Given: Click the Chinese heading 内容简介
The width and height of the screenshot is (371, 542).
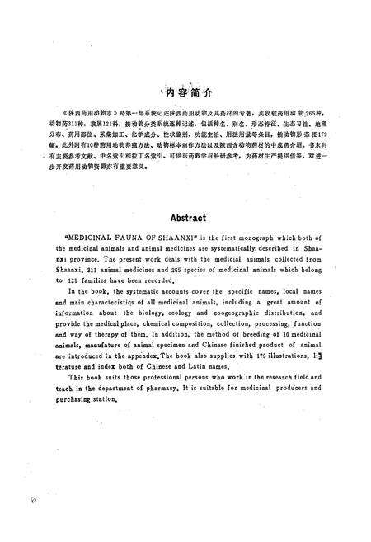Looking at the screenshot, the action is click(188, 92).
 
